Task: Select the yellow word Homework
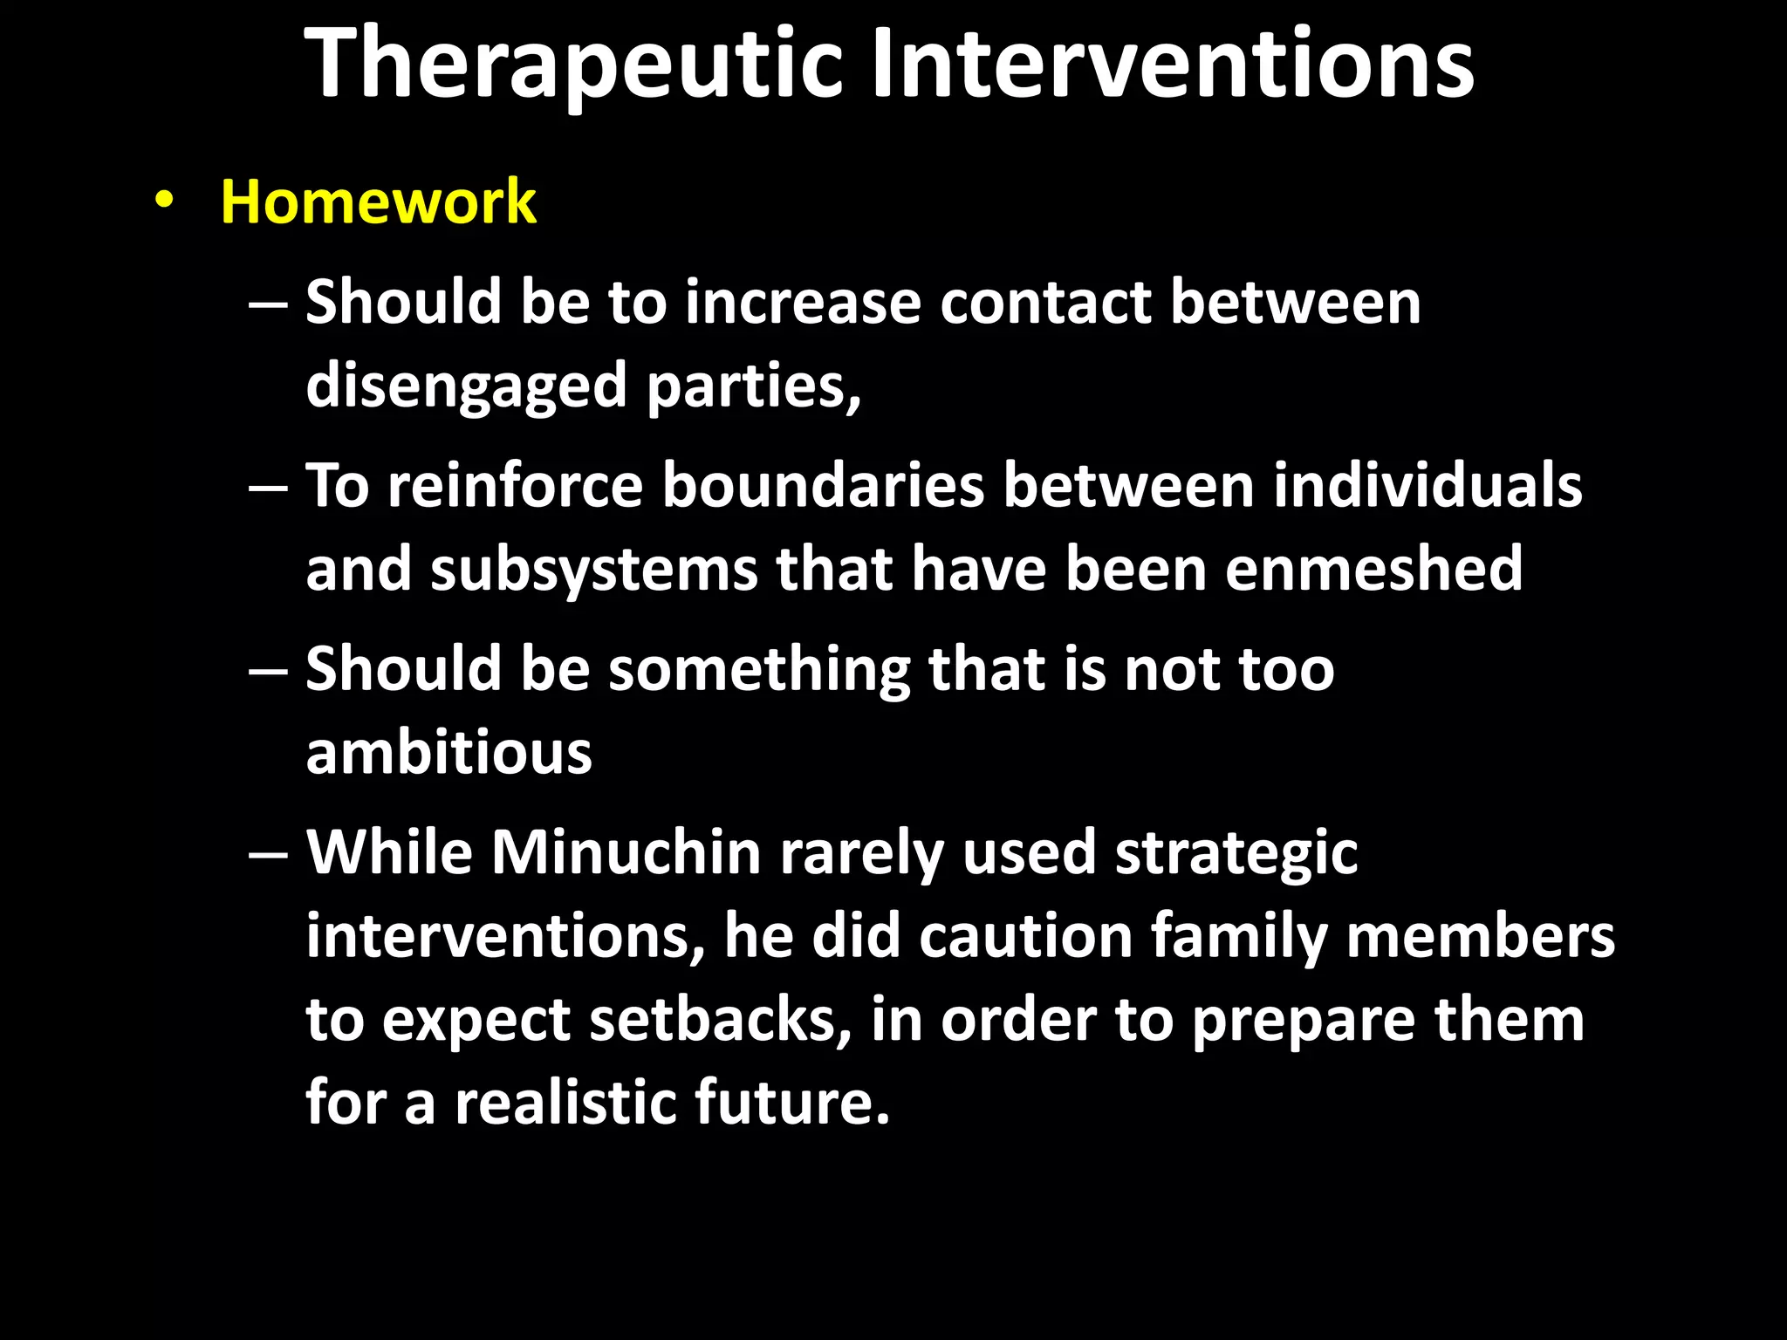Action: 378,202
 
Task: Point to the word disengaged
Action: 466,386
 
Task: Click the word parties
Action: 752,386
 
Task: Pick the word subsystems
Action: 593,569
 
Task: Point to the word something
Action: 758,670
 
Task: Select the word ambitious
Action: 448,752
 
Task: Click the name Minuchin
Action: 626,852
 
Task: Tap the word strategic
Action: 1236,852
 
